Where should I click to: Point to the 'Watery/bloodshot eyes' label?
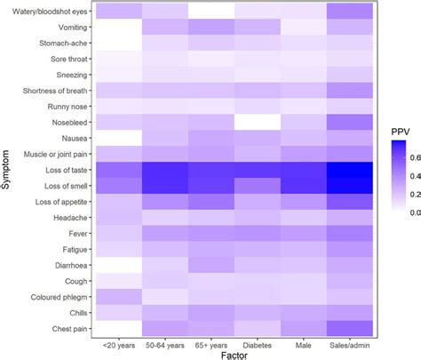[x=48, y=11]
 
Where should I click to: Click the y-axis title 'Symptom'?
[x=8, y=170]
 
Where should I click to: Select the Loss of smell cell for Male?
[x=304, y=187]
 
